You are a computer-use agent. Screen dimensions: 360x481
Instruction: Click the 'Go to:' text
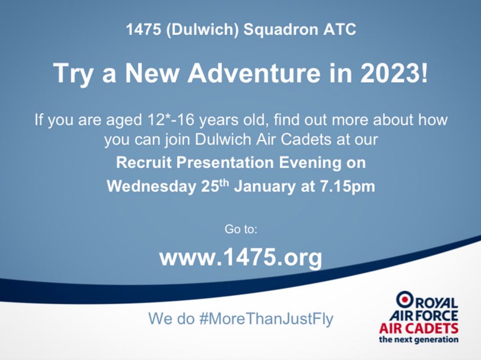pos(241,229)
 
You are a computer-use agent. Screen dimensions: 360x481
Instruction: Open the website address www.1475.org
pos(241,257)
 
